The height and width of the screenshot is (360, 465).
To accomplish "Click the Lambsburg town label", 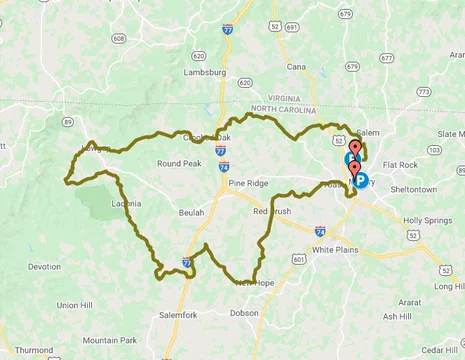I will (x=205, y=73).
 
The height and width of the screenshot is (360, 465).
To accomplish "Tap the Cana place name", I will (x=295, y=67).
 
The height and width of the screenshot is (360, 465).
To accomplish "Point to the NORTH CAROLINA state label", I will (x=289, y=108).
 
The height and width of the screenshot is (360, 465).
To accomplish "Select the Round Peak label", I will (x=180, y=163).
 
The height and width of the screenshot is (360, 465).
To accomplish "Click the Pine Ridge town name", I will (x=250, y=185).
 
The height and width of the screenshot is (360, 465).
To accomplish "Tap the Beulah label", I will (x=191, y=213).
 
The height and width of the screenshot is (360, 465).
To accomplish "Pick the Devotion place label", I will (x=44, y=267).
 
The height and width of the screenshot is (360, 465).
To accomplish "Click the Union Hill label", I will (x=74, y=305).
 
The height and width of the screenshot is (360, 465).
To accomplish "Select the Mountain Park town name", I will (x=109, y=340).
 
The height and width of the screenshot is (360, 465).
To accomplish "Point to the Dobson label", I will (x=244, y=313).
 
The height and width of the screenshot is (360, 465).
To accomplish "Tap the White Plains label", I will (x=334, y=249).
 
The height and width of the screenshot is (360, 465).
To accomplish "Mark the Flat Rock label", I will (x=400, y=164).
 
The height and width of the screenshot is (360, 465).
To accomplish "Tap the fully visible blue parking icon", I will (x=361, y=181).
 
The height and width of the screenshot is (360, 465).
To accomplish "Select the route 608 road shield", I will (x=119, y=38).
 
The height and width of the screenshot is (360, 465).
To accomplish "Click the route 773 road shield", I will (x=424, y=91).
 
